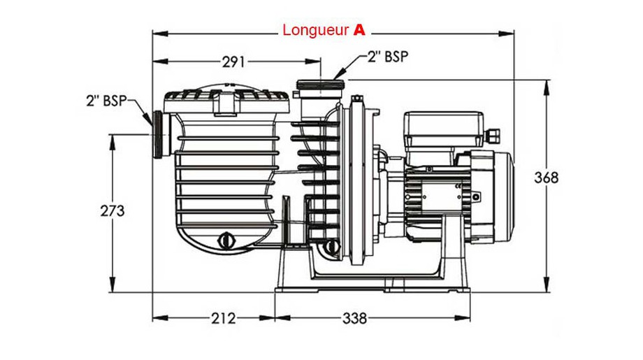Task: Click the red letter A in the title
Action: tap(359, 30)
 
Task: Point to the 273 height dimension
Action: tap(112, 210)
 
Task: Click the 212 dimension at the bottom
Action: tap(222, 319)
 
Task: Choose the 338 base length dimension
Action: tap(354, 319)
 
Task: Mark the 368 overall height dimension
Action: tap(546, 178)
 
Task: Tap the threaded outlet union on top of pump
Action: tap(321, 87)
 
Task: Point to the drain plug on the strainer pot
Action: tap(226, 240)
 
